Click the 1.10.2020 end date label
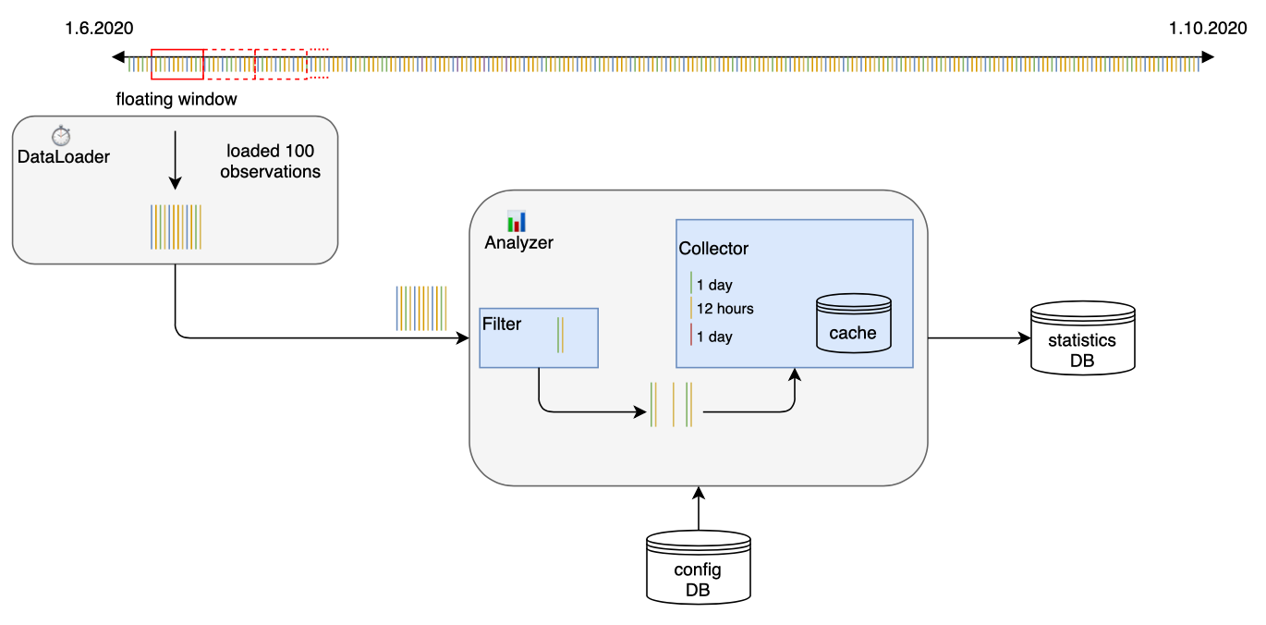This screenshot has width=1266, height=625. (1207, 29)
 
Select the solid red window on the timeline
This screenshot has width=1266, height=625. (177, 63)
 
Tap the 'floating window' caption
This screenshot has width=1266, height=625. (177, 99)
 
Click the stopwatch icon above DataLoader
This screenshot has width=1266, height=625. (61, 136)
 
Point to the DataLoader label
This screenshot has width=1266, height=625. (64, 157)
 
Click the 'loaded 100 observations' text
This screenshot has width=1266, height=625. (270, 161)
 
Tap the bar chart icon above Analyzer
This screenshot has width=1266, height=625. (517, 222)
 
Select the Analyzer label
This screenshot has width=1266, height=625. (518, 243)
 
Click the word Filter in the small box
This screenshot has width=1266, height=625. (502, 325)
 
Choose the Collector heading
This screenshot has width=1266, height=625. (713, 249)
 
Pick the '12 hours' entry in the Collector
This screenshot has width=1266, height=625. (724, 309)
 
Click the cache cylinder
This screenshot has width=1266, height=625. (853, 323)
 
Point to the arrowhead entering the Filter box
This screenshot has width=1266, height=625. (464, 337)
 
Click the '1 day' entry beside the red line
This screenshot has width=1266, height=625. (714, 337)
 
